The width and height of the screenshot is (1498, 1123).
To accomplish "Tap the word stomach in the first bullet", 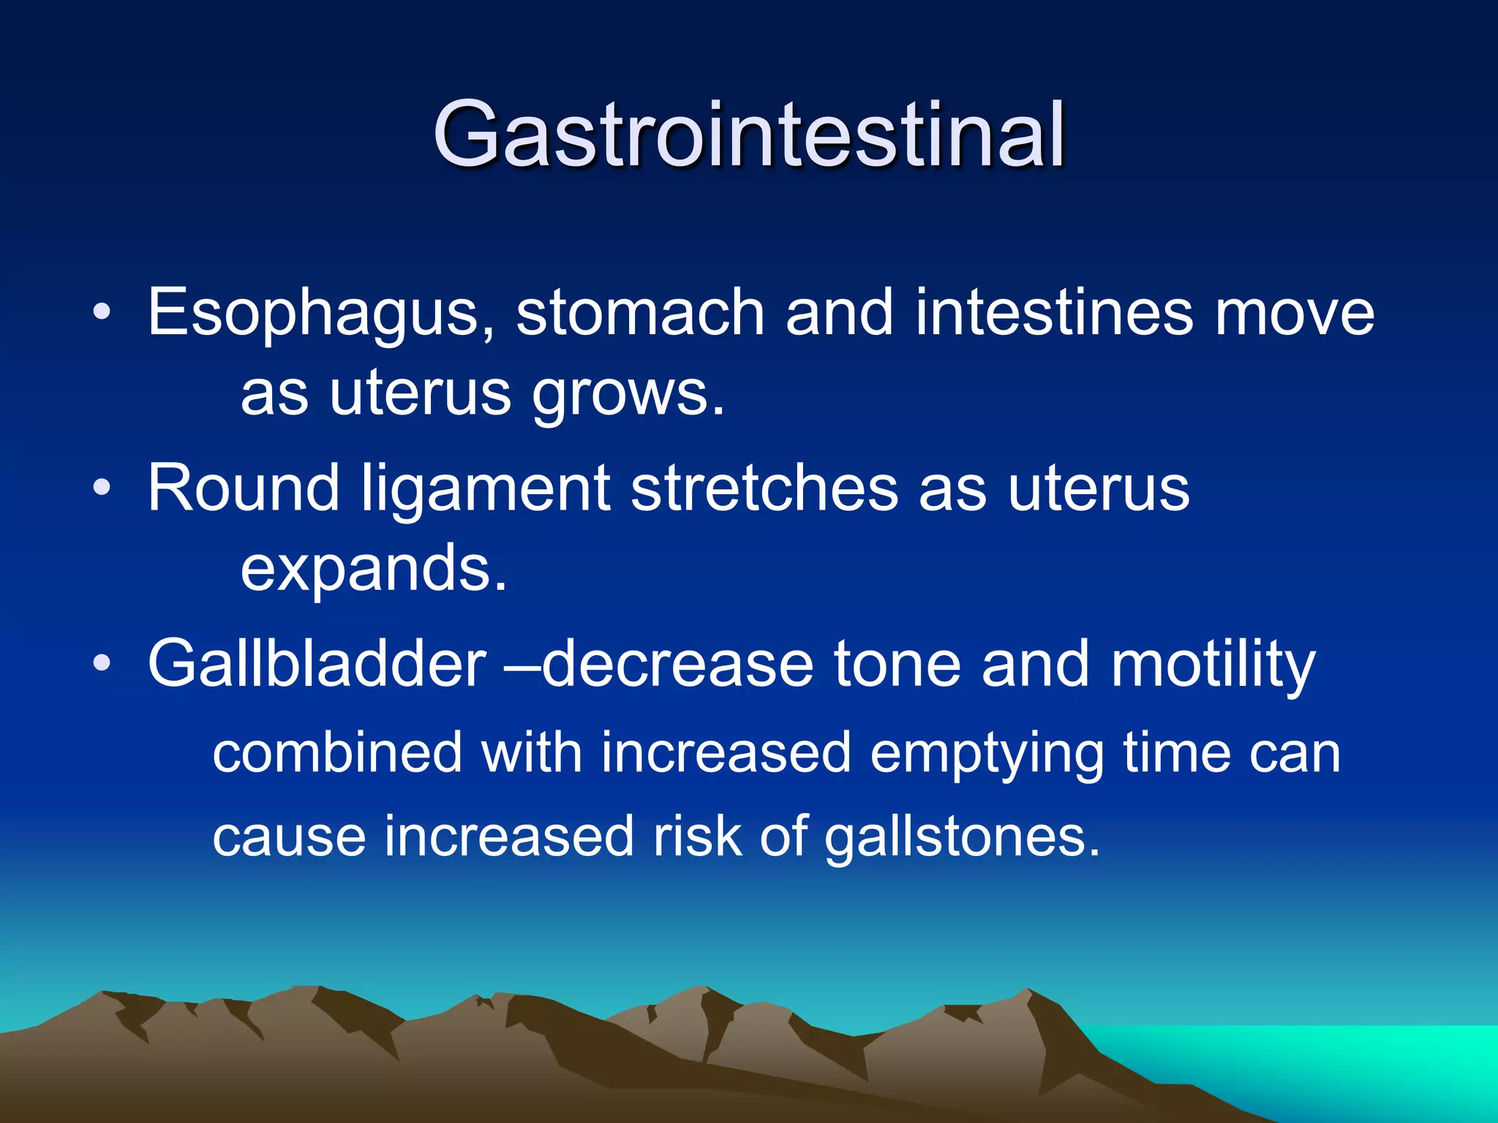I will coord(641,313).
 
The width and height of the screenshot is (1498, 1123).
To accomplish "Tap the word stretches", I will coord(764,488).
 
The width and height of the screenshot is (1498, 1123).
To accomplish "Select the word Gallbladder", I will coord(317,664).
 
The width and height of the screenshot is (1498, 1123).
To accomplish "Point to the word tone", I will coord(897,664).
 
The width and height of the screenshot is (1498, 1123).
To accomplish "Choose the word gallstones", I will coord(962,838).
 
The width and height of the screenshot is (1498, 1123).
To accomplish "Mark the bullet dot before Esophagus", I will coord(102,313).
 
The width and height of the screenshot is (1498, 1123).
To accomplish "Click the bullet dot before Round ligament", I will coord(102,488).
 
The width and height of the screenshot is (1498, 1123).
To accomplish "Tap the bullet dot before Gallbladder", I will coord(102,663).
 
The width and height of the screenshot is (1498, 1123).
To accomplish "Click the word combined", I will coord(337,753).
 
